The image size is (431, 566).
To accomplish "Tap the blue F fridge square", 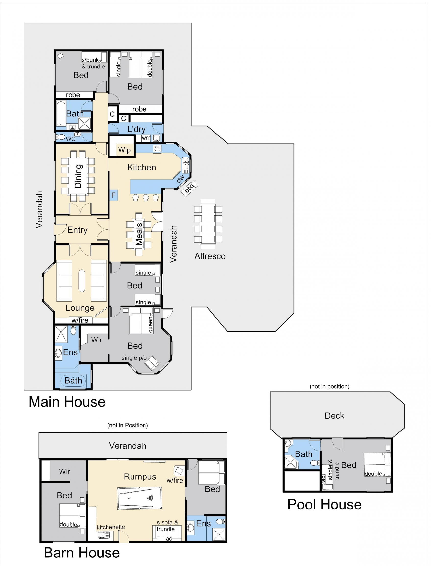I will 113,195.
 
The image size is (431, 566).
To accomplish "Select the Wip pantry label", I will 124,150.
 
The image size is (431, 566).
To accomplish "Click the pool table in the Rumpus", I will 139,498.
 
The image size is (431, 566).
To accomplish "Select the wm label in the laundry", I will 146,138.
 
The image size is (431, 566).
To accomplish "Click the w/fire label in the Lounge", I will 80,320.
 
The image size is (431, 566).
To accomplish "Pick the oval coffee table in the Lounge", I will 82,281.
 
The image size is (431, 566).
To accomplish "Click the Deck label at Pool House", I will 334,416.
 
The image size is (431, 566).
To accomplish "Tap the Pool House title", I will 324,505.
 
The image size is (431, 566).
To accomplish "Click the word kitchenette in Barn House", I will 111,527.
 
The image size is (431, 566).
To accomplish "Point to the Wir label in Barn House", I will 64,471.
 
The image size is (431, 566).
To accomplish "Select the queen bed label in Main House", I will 150,325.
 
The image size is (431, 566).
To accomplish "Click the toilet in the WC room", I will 61,137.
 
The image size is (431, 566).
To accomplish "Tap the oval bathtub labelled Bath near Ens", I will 73,381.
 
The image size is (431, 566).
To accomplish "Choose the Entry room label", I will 77,230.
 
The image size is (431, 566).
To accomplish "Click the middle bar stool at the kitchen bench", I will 146,197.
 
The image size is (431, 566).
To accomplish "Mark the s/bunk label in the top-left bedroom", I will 90,60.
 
